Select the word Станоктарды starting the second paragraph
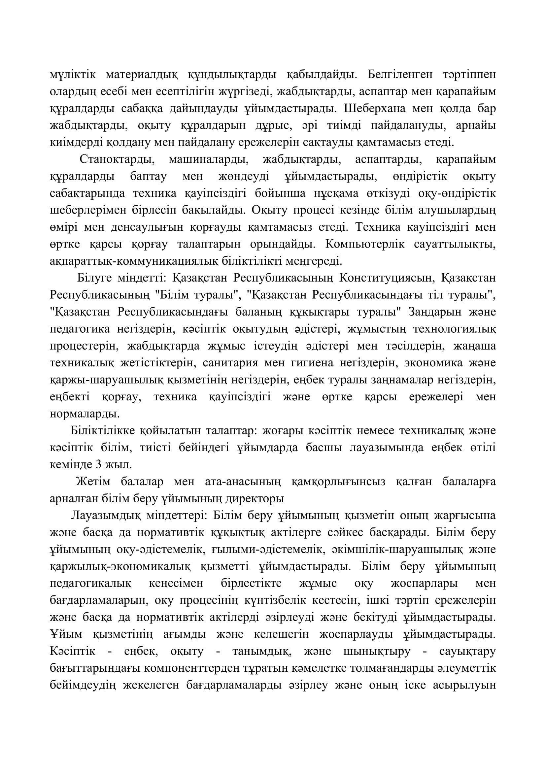point(117,159)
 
